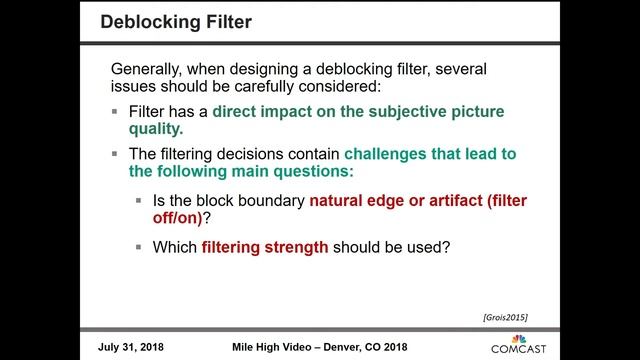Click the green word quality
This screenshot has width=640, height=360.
(x=156, y=130)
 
